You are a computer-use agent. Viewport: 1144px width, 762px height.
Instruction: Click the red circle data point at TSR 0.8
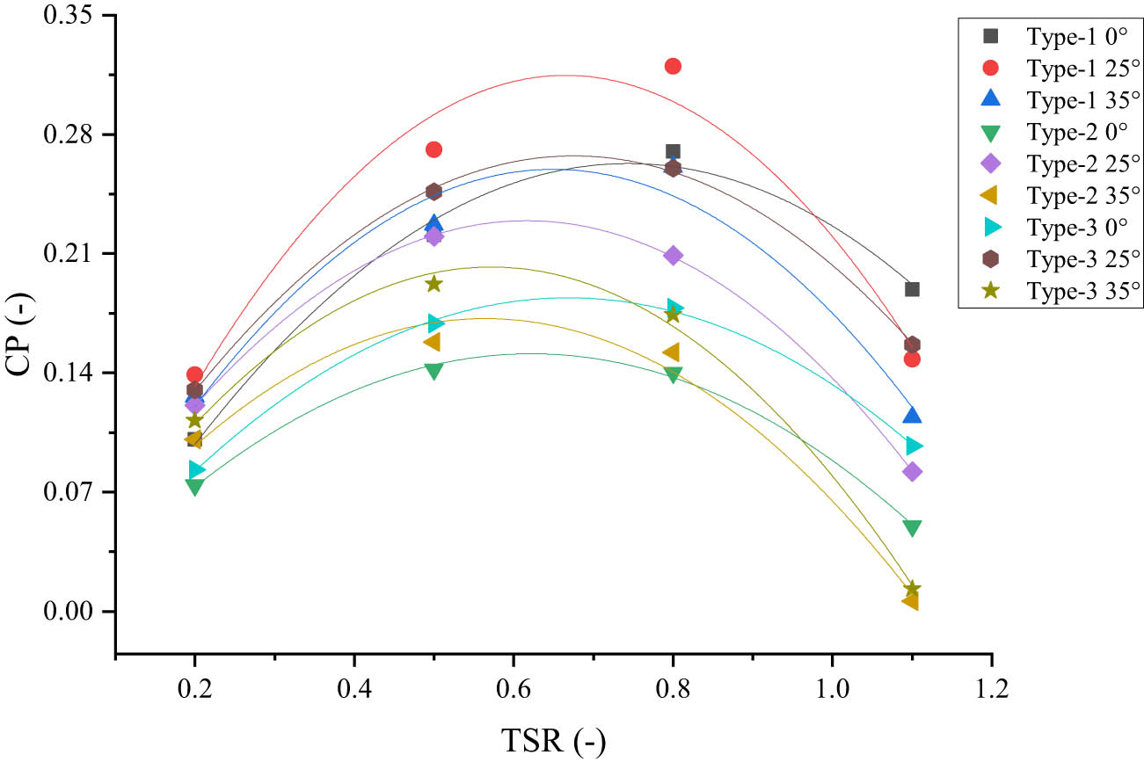(673, 66)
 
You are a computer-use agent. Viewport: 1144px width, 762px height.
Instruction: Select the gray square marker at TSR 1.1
(912, 289)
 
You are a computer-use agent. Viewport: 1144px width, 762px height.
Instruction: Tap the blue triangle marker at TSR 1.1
(912, 415)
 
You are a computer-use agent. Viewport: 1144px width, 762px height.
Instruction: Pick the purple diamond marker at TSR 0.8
(673, 256)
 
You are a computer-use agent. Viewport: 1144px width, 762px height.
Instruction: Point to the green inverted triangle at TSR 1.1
(912, 528)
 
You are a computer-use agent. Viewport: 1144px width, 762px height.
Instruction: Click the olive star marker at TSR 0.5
(434, 284)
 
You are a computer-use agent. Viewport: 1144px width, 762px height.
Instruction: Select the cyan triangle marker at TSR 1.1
(914, 446)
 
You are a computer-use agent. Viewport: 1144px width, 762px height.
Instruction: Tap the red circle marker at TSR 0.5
(434, 149)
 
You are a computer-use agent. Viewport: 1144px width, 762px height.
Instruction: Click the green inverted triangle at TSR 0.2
(194, 486)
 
